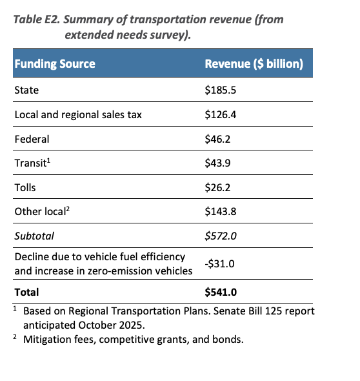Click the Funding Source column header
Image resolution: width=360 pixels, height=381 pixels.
[55, 64]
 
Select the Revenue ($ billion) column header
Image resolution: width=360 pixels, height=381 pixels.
[254, 64]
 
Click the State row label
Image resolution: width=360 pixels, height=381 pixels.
[26, 90]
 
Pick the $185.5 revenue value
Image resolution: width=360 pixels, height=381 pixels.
[221, 90]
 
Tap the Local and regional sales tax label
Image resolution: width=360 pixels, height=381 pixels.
[78, 115]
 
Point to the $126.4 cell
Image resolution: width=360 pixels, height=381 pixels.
[221, 115]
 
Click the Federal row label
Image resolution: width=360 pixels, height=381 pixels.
[32, 139]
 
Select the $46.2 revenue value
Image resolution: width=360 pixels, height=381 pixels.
[217, 139]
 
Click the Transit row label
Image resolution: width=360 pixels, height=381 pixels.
[32, 163]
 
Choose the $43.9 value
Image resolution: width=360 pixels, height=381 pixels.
[217, 163]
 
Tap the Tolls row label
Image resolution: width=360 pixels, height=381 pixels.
[25, 187]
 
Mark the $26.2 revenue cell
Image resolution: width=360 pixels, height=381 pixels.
[217, 187]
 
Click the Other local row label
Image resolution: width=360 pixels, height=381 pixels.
[42, 211]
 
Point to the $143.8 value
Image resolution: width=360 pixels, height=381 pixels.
[221, 211]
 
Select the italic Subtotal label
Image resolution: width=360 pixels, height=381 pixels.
[34, 236]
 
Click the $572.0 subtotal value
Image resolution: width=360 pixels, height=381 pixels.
[221, 236]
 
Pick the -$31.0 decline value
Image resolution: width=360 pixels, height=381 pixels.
[220, 263]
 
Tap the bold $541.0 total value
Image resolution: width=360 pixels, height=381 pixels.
[221, 292]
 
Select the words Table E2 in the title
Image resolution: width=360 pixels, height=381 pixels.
[36, 19]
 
